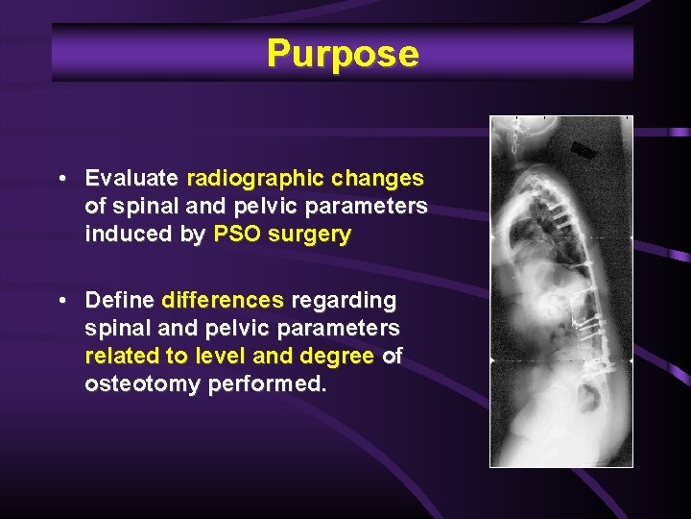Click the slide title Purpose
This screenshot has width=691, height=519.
(x=343, y=54)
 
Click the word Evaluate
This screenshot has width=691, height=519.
(x=131, y=179)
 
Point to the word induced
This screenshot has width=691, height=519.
(x=124, y=235)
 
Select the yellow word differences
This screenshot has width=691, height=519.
(x=224, y=301)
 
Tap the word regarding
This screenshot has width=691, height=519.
(x=344, y=301)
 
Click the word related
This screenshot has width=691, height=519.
(x=122, y=357)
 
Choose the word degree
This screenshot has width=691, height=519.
(x=337, y=357)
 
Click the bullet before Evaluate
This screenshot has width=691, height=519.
(x=60, y=180)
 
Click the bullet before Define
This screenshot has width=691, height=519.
(x=60, y=302)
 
